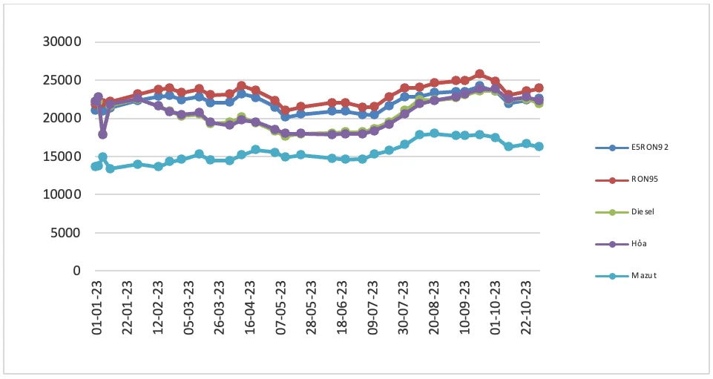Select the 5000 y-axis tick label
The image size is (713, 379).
coord(66,233)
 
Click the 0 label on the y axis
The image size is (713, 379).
coord(76,271)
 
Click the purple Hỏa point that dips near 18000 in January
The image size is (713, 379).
coord(102,134)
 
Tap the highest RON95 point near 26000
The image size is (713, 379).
coord(479,74)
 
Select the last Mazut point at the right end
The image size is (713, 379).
coord(539,146)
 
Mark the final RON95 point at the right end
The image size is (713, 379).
coord(539,88)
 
